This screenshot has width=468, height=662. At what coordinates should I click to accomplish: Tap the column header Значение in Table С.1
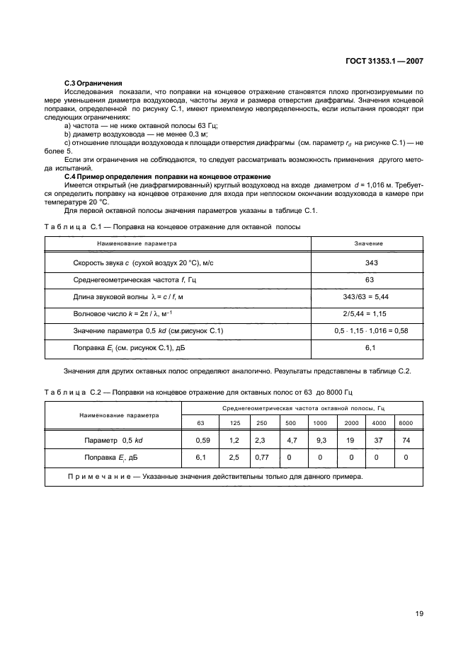click(x=368, y=243)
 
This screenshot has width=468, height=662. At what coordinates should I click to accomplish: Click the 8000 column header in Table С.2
click(x=406, y=422)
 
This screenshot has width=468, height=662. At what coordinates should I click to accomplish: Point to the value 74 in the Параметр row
click(x=406, y=440)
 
